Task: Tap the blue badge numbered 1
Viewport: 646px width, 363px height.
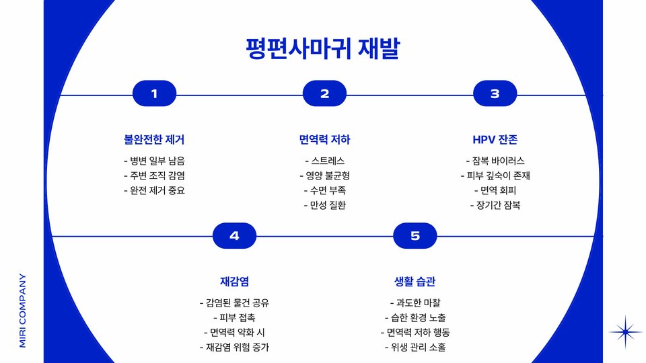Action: pyautogui.click(x=154, y=94)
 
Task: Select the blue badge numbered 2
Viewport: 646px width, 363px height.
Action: pyautogui.click(x=324, y=94)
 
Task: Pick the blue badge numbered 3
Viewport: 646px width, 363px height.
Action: pyautogui.click(x=495, y=94)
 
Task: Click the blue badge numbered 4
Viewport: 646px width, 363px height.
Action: pyautogui.click(x=234, y=236)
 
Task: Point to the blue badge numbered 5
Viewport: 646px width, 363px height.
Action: pyautogui.click(x=415, y=236)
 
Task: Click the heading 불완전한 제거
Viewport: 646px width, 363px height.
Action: pyautogui.click(x=154, y=140)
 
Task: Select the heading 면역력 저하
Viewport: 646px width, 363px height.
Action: pyautogui.click(x=324, y=140)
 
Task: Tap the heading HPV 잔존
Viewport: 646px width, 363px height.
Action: pyautogui.click(x=495, y=140)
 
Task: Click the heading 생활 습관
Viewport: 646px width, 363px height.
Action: pyautogui.click(x=415, y=281)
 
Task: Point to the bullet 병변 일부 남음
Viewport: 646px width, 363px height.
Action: pyautogui.click(x=154, y=161)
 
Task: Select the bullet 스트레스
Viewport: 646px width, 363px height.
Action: pyautogui.click(x=324, y=161)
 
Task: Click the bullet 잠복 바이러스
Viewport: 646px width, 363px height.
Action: pyautogui.click(x=495, y=161)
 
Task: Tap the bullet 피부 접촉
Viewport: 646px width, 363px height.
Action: pyautogui.click(x=234, y=317)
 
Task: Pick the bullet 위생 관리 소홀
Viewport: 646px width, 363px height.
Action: pyautogui.click(x=415, y=347)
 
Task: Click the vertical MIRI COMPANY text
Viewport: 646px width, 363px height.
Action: pyautogui.click(x=22, y=309)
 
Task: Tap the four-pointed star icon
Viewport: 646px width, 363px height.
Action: pyautogui.click(x=626, y=331)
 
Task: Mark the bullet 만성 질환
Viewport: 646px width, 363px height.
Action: pyautogui.click(x=324, y=205)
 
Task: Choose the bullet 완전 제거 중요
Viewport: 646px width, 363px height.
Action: pyautogui.click(x=154, y=190)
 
